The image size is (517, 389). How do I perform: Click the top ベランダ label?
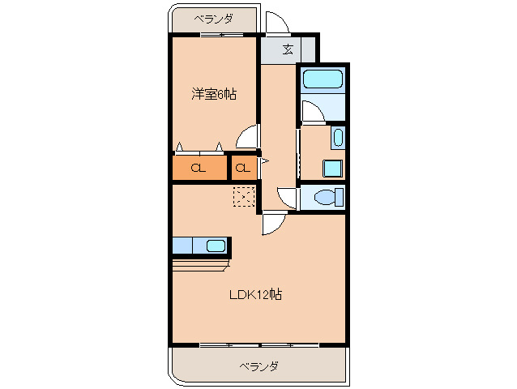[x=213, y=19]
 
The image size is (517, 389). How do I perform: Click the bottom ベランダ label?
[x=258, y=366]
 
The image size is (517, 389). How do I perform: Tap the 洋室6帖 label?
[x=214, y=94]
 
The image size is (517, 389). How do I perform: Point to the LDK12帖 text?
[x=254, y=295]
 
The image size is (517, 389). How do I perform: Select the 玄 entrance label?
[x=288, y=49]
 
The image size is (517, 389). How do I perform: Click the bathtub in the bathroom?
[x=323, y=79]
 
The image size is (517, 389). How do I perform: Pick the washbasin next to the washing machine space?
[x=338, y=137]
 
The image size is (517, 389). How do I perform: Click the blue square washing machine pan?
[x=332, y=167]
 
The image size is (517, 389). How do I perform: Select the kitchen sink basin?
[x=216, y=246]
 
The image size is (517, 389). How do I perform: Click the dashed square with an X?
[x=243, y=197]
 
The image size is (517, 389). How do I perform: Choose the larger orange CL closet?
[x=198, y=169]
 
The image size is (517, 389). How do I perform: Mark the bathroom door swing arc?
[x=312, y=112]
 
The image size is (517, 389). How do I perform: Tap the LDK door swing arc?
[x=272, y=224]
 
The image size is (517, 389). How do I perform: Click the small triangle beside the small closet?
[x=263, y=161]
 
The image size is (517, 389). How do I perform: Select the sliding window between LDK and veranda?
[x=259, y=345]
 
